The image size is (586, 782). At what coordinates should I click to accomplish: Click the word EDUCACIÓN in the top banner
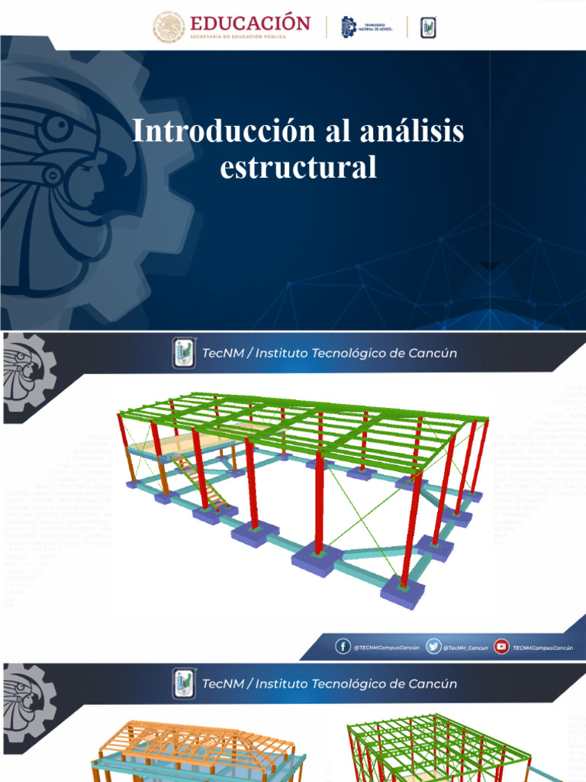click(250, 22)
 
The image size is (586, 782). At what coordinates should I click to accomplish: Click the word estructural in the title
click(298, 167)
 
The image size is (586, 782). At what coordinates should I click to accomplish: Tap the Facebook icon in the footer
click(343, 647)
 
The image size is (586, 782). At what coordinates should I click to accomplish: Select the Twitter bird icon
click(433, 647)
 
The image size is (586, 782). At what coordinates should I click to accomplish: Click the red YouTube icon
click(501, 647)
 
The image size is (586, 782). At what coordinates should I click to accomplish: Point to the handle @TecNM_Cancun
click(466, 648)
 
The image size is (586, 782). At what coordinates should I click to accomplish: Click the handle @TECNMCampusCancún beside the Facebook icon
click(386, 648)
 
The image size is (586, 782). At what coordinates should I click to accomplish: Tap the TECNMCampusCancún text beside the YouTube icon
click(543, 648)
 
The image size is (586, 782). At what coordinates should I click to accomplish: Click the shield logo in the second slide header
click(184, 353)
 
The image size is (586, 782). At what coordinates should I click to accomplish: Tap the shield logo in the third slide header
click(184, 683)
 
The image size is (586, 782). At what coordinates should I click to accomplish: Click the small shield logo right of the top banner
click(428, 27)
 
